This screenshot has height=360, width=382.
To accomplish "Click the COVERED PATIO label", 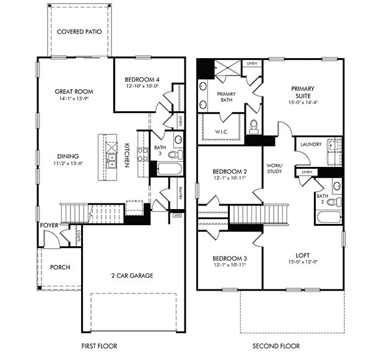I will pos(79,31).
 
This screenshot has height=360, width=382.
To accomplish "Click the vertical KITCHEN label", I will pos(126,153).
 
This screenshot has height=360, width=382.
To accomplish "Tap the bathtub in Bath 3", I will pos(169,169).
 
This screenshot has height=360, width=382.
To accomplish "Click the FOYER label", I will pos(48,226).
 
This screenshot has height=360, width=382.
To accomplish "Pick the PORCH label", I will pos(60,267).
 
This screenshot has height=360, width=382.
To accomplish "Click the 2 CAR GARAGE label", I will pos(132,275).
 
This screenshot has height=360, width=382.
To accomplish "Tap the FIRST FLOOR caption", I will pos(99,346).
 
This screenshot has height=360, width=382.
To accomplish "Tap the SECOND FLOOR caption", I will pos(276,346).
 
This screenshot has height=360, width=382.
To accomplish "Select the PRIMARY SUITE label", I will pos(303,93).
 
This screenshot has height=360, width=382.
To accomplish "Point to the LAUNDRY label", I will pos(310,144).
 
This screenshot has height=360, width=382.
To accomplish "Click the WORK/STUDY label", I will pos(274,168).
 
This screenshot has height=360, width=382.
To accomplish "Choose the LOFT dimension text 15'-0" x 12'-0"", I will pos(303,261).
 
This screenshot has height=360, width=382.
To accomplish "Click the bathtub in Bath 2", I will pos(328,217).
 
